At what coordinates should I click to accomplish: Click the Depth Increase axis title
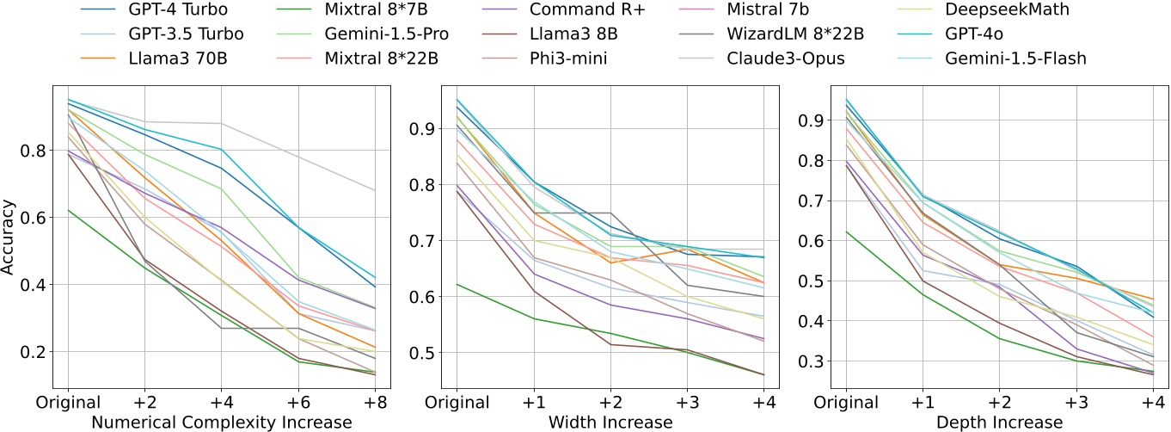tap(1002, 422)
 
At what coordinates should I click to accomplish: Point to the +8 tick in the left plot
tap(375, 402)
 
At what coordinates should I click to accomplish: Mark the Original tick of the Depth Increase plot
tap(846, 402)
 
